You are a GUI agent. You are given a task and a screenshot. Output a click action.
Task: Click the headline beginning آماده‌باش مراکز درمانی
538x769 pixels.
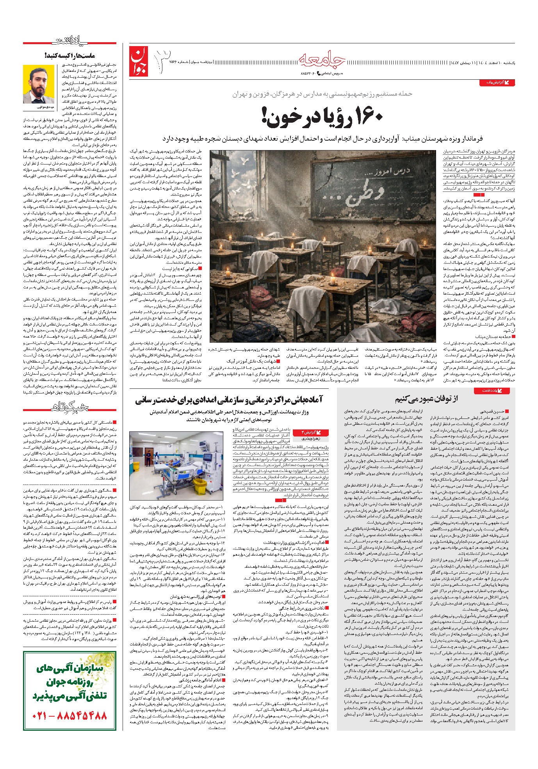(x=233, y=401)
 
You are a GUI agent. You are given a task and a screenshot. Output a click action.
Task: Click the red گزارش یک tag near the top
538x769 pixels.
(x=496, y=83)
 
